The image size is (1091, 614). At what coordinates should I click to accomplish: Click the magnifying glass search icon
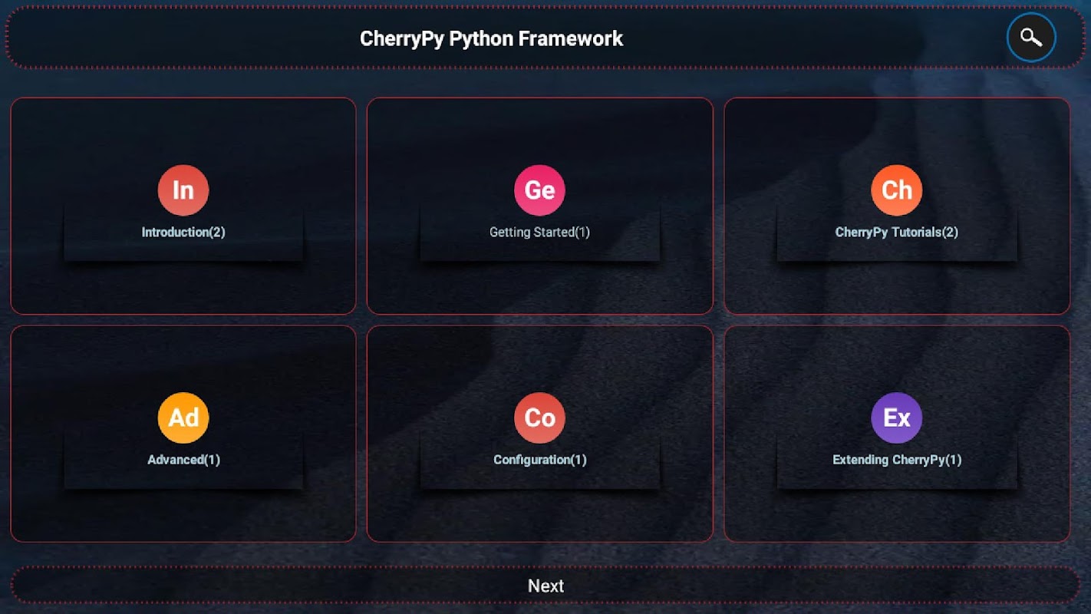1031,37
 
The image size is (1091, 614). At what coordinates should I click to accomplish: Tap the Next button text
545,586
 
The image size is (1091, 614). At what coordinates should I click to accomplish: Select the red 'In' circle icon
183,190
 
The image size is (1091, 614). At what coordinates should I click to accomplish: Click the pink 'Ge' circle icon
539,190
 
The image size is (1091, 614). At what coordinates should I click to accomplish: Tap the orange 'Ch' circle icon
896,190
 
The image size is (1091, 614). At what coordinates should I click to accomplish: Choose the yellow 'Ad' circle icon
183,418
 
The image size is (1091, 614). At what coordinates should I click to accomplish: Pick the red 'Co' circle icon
539,418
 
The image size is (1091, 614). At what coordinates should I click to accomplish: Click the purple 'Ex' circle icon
896,418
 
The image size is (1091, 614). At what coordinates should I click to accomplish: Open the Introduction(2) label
183,232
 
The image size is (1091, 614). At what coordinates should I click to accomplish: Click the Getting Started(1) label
539,232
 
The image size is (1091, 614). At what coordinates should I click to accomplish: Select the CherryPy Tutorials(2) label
896,232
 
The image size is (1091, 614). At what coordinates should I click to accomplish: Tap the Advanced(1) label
183,460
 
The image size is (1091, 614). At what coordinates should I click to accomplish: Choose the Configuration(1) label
539,460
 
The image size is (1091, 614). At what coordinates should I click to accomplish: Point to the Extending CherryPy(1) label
896,460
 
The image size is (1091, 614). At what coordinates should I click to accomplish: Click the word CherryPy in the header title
401,38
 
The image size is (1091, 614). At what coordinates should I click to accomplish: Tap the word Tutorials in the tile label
916,232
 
